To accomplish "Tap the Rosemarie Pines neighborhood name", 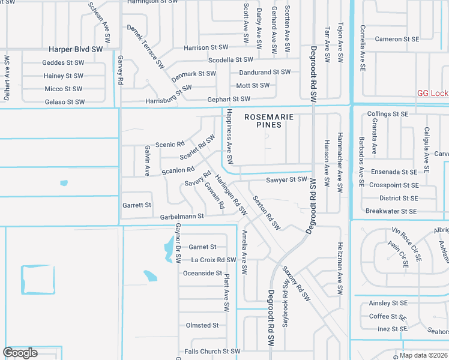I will (270, 121).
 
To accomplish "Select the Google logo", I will (20, 353).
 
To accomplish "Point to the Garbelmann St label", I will (182, 216).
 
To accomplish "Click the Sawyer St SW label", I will (286, 179).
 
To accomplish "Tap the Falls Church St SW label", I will (212, 352).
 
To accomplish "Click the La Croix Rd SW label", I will (214, 260).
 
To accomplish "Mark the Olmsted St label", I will (202, 325).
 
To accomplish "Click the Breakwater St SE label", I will (391, 211).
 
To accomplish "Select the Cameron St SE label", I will (396, 39).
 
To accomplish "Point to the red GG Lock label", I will (433, 93).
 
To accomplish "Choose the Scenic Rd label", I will (169, 145).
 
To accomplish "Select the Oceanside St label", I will (202, 273).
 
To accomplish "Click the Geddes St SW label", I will (63, 62).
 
